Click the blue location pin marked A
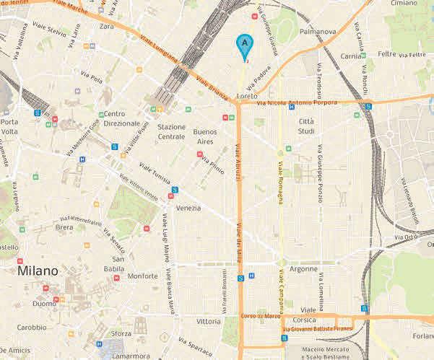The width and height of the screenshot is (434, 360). [x=245, y=45]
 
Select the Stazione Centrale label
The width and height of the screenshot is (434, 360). [x=171, y=131]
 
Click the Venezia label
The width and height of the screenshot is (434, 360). [x=188, y=208]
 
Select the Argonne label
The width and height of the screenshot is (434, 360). [x=303, y=268]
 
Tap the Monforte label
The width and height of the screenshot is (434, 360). [x=143, y=276]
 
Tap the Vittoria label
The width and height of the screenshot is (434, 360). [x=208, y=321]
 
